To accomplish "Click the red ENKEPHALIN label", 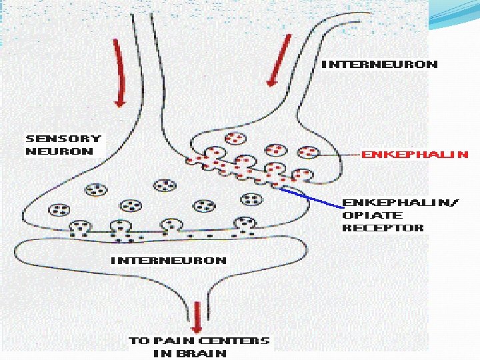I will coord(415,155).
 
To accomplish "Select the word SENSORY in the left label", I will coord(63,139).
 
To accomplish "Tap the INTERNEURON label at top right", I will coord(379,65).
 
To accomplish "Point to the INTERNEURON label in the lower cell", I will coord(168,261).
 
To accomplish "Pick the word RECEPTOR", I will coord(383,228).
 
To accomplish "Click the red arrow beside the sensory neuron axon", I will coord(119,73).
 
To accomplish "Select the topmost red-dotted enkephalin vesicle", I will coord(235,139).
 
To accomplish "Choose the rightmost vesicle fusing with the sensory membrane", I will coord(246,225).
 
